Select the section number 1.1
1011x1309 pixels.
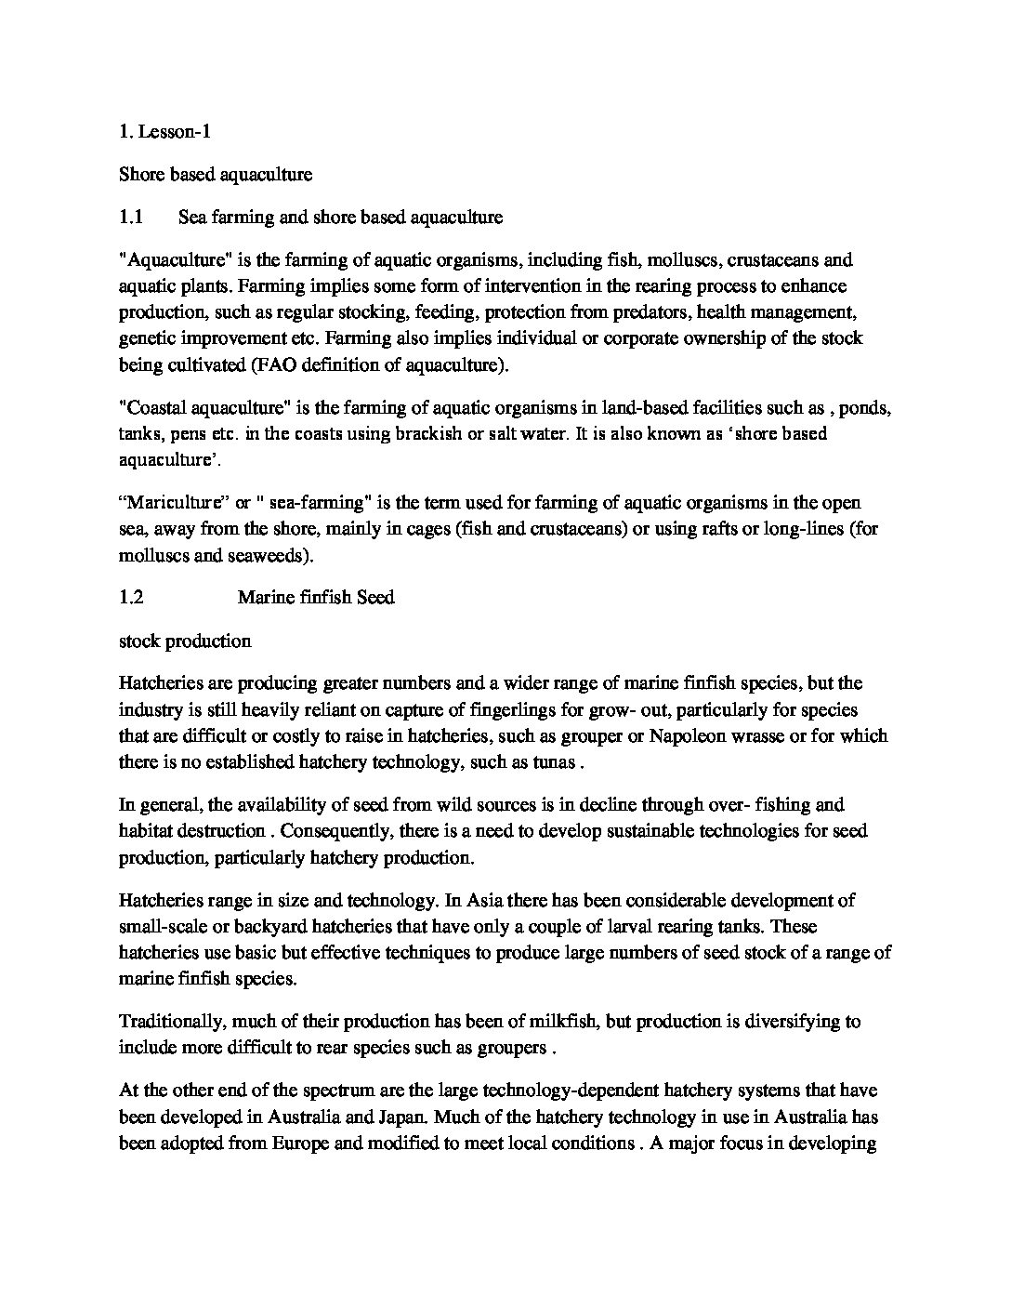pyautogui.click(x=130, y=218)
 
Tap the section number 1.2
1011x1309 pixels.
pyautogui.click(x=131, y=597)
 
